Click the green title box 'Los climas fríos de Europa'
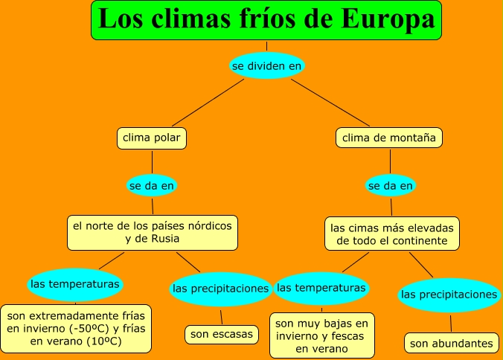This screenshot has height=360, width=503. pyautogui.click(x=266, y=20)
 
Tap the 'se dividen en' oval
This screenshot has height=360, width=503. pyautogui.click(x=266, y=66)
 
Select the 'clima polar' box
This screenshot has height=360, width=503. pyautogui.click(x=151, y=138)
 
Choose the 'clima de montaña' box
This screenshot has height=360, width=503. pyautogui.click(x=390, y=138)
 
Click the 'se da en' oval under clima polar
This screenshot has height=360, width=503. pyautogui.click(x=153, y=184)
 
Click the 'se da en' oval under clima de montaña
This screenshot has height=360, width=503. pyautogui.click(x=391, y=184)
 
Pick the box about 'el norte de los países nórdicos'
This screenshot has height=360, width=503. pyautogui.click(x=153, y=232)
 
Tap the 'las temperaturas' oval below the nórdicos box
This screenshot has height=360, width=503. pyautogui.click(x=74, y=283)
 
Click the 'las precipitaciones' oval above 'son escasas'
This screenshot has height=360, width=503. pyautogui.click(x=220, y=289)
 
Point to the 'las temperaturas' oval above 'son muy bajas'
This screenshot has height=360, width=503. pyautogui.click(x=321, y=288)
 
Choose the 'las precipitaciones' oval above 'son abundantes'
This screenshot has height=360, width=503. pyautogui.click(x=449, y=295)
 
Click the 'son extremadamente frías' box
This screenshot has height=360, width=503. pyautogui.click(x=76, y=328)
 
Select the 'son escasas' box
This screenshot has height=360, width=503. pyautogui.click(x=221, y=334)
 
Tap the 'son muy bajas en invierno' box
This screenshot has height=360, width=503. pyautogui.click(x=321, y=335)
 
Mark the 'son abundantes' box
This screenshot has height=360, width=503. pyautogui.click(x=452, y=343)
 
